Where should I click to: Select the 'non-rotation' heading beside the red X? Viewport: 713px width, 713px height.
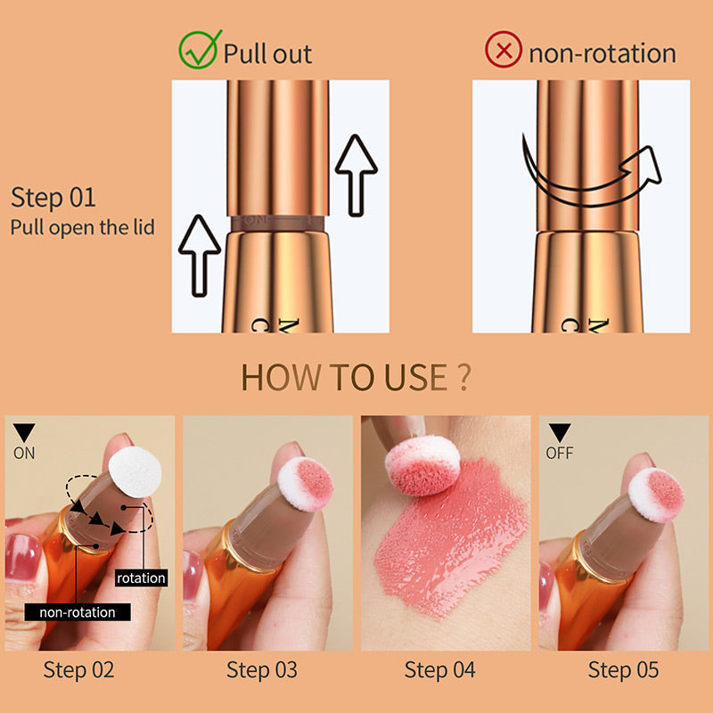coord(602,53)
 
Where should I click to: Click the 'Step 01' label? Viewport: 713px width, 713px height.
coord(53,198)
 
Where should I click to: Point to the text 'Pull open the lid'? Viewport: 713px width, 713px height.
coord(83,227)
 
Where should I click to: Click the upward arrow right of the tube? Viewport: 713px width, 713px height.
coord(356,173)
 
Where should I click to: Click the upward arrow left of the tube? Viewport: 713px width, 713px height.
coord(200,259)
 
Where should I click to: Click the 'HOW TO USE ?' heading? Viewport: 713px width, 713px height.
coord(356,378)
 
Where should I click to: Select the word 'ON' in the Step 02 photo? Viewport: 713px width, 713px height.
coord(24,453)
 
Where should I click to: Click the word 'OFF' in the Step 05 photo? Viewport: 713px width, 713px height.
coord(560,453)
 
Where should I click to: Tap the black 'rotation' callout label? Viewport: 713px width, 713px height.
coord(141,578)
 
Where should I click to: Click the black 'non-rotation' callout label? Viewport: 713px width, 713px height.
coord(78,612)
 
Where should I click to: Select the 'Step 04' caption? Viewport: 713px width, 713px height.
coord(439,670)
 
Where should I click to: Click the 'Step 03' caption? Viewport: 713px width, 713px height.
coord(262,670)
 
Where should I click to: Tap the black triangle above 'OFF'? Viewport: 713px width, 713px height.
coord(560,433)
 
